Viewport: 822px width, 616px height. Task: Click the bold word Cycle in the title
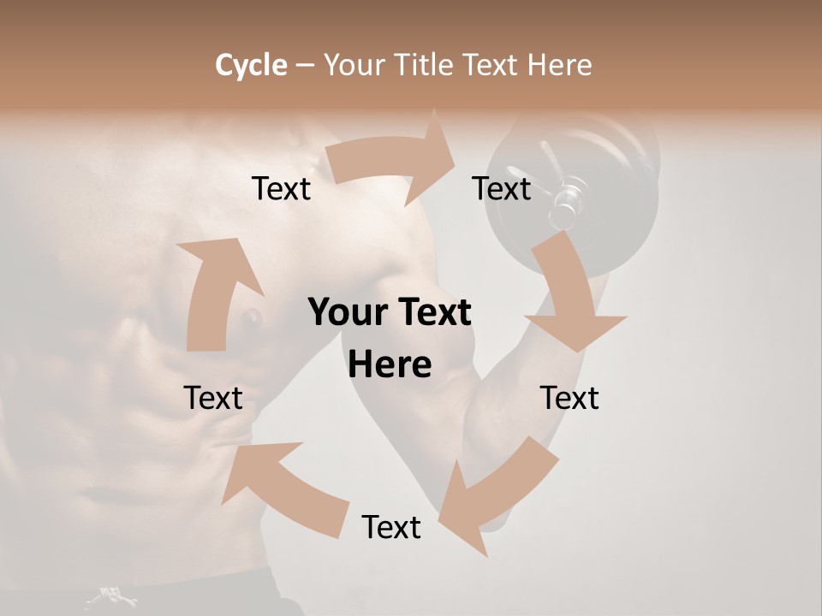251,65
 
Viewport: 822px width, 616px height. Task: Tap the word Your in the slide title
353,65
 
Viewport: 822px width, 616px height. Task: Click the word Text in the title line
491,65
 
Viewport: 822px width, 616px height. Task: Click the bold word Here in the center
390,365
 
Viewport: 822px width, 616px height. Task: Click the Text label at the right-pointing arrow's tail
281,188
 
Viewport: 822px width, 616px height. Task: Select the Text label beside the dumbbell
502,188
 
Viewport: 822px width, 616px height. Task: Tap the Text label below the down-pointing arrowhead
569,398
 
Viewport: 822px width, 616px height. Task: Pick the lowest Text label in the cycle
391,527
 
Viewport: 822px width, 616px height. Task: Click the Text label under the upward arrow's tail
213,398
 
